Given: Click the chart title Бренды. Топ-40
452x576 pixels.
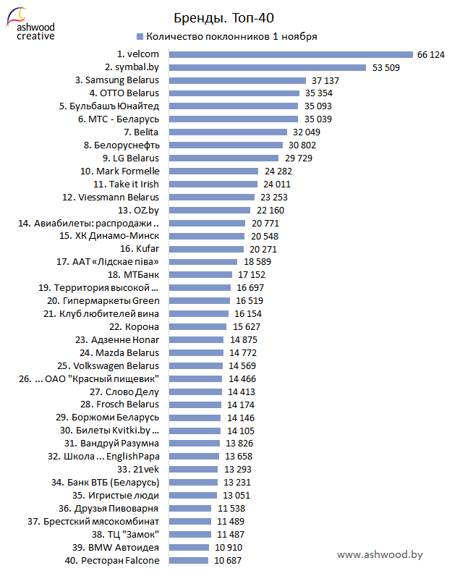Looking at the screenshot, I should point(225,17).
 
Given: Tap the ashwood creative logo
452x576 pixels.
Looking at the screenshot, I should point(30,25).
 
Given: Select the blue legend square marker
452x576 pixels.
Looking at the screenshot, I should point(139,36).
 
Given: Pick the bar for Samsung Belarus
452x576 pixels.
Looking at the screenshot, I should point(238,80).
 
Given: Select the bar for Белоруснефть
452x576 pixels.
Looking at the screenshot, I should point(225,145).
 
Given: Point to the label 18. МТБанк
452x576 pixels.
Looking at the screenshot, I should point(133,275).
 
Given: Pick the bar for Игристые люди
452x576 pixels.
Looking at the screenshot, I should point(194,496).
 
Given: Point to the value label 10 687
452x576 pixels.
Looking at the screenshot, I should point(227,561).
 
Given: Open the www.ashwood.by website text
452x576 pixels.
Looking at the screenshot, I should point(380,555).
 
